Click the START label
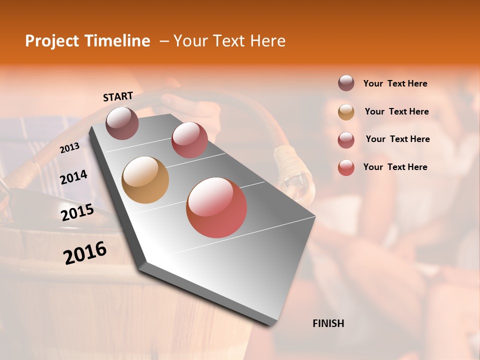coord(118,96)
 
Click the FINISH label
coord(328,323)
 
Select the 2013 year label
coord(69,148)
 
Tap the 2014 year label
coord(73,177)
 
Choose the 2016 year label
coord(85,252)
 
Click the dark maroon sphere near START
coord(122,123)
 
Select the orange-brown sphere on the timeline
coord(145,180)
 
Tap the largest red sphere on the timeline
coord(216,207)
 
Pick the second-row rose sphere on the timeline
coord(189,140)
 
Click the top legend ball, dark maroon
coord(346,83)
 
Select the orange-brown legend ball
coord(346,112)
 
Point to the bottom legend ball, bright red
coord(346,167)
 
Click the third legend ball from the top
coord(346,140)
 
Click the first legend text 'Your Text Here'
coord(395,83)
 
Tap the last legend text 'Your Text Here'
coord(395,167)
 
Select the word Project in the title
coord(51,41)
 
